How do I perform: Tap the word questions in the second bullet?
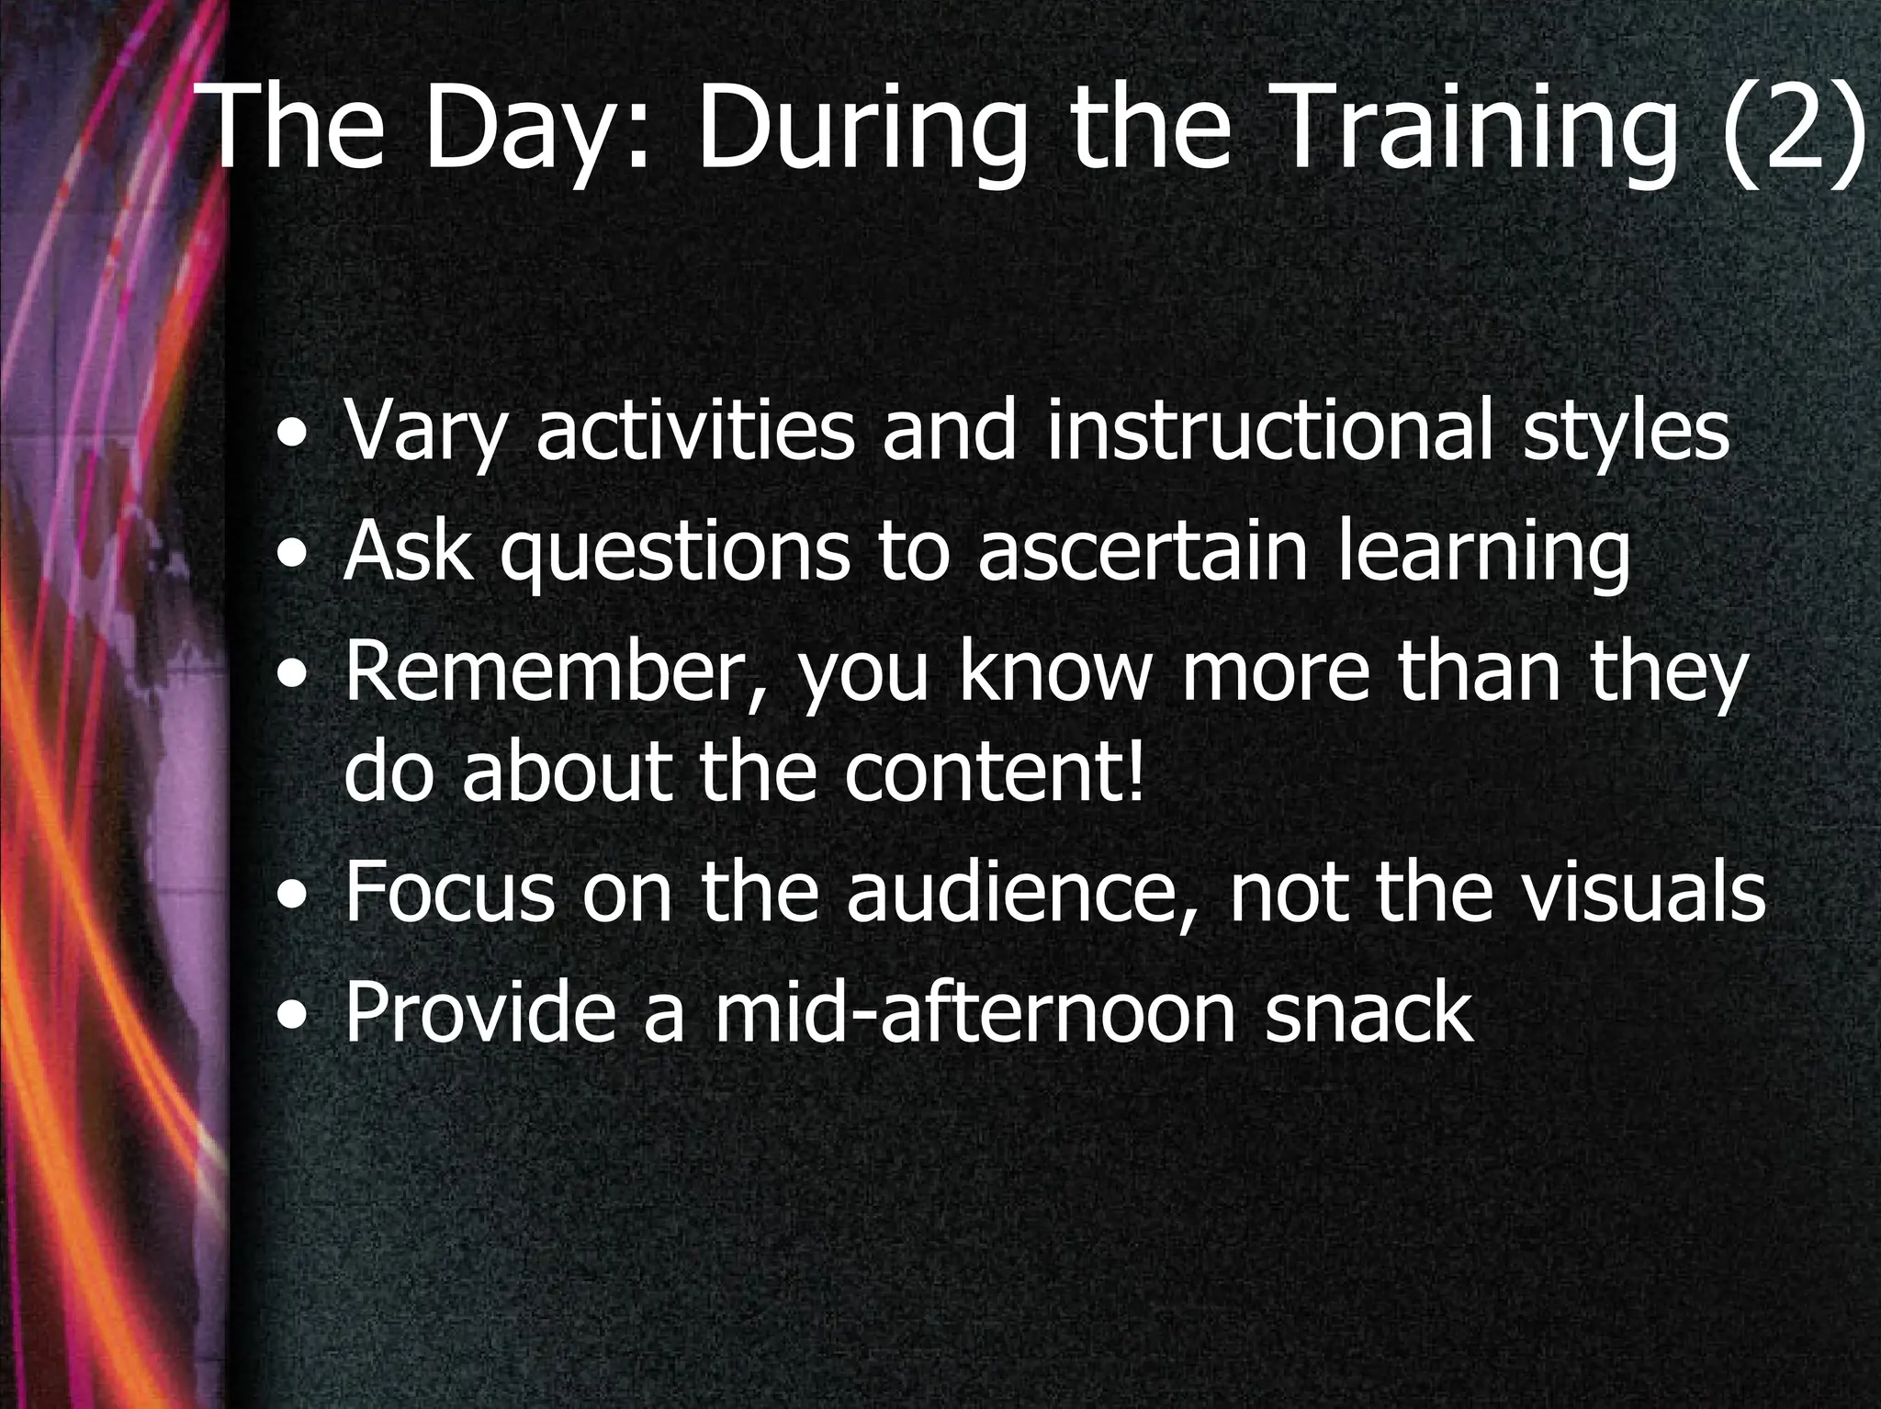(675, 553)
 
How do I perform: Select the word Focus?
(450, 893)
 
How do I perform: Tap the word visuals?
(1644, 893)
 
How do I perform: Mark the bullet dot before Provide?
(293, 1017)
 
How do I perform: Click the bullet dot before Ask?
(293, 556)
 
